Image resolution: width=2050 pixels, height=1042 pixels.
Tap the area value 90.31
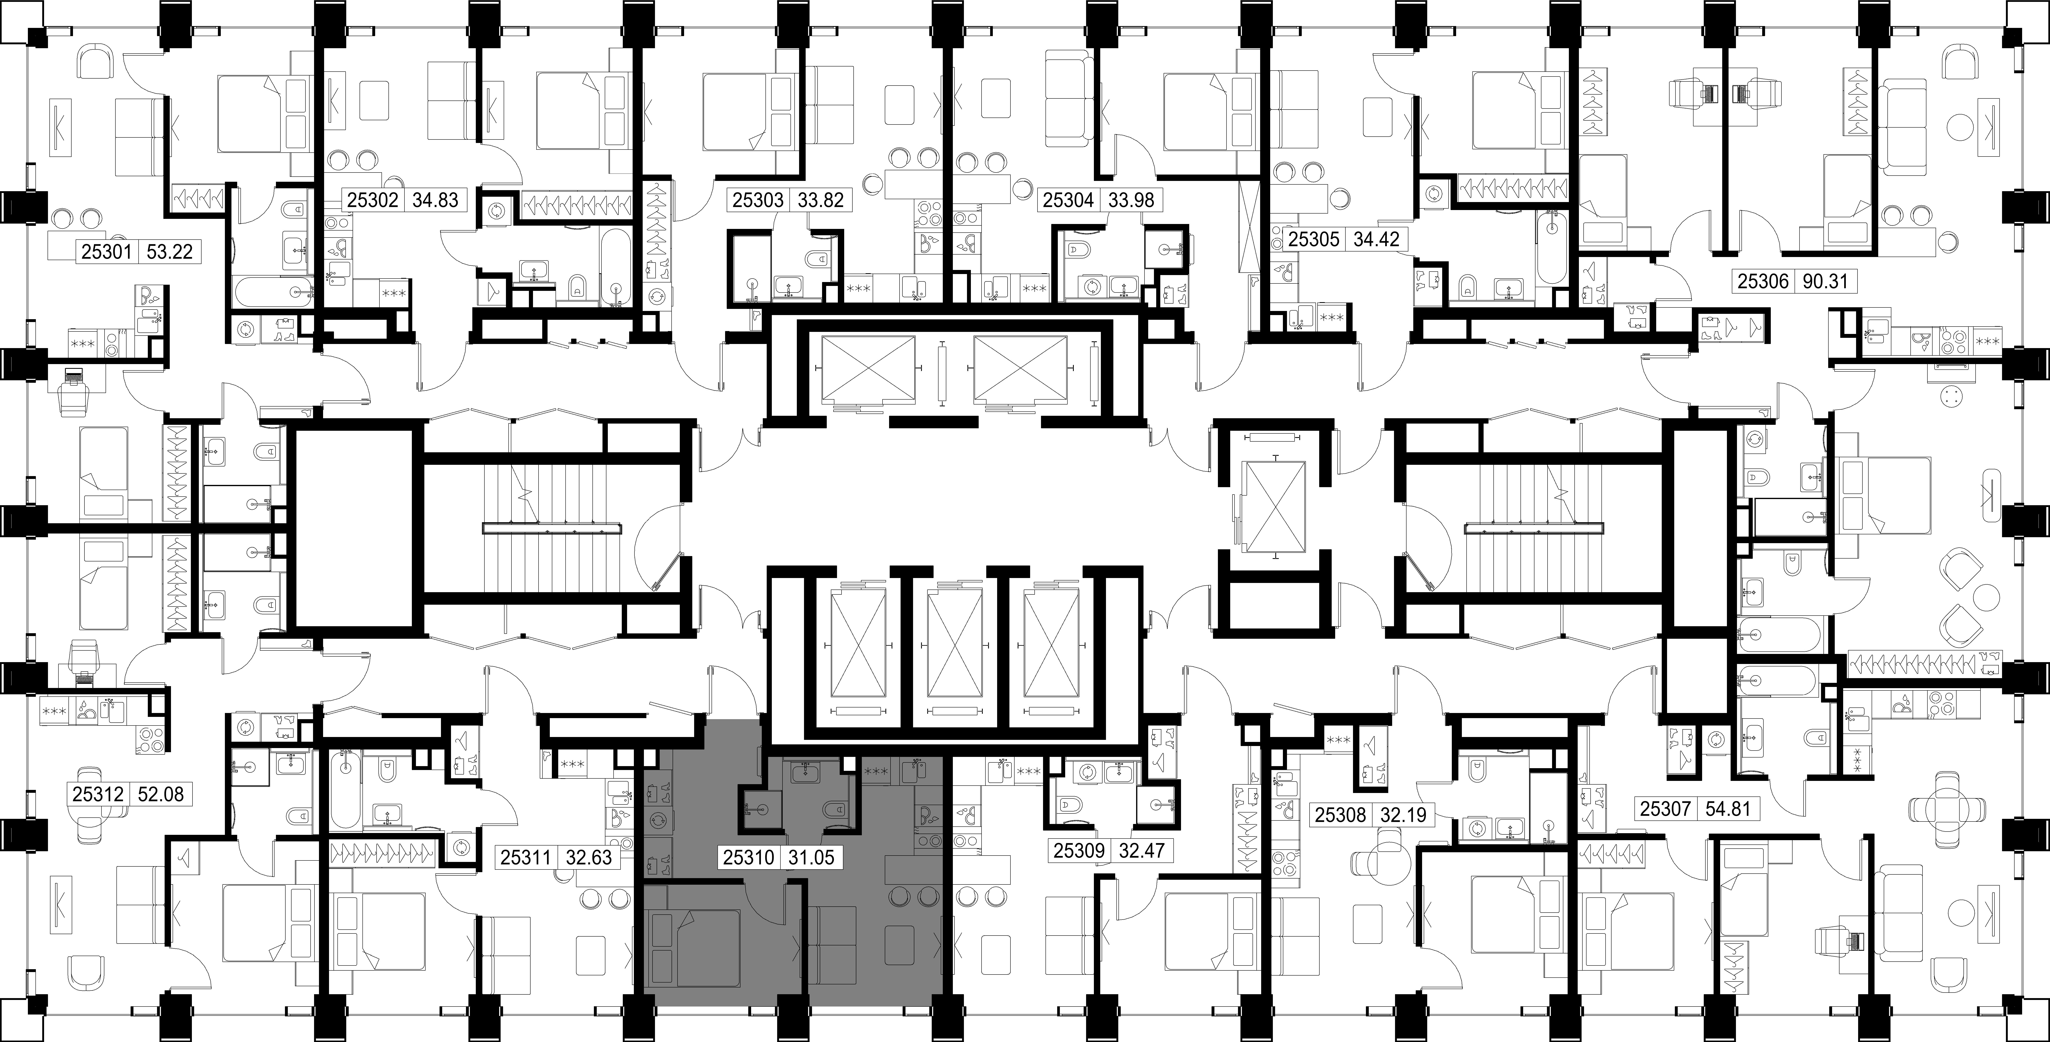(x=1825, y=281)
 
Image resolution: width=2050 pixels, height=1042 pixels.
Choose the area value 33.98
(x=1131, y=200)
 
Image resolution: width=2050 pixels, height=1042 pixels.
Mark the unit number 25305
(x=1314, y=239)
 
